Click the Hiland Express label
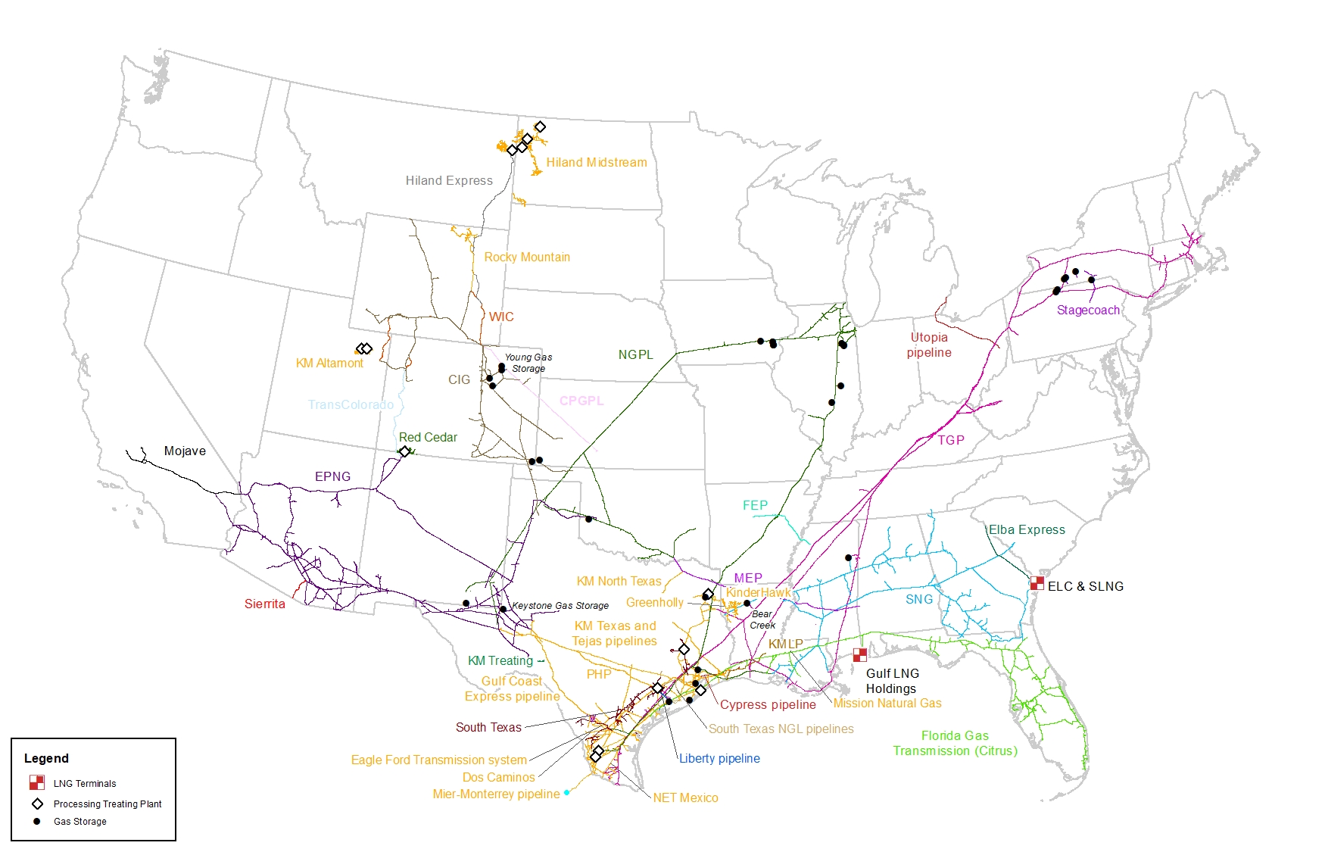coord(449,180)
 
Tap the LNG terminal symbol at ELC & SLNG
coord(1037,583)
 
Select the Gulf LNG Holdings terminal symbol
coord(860,655)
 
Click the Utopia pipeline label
coord(929,345)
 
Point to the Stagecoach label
coord(1088,311)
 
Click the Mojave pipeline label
coord(185,451)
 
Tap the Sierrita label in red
coord(265,604)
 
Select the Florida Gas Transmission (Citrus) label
coord(955,743)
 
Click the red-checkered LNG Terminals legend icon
coord(37,782)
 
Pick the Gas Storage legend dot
coord(36,821)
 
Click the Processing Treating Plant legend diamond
coord(37,804)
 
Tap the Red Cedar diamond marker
coord(405,451)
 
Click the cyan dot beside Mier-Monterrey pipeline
coord(566,792)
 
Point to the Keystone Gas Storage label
coord(560,606)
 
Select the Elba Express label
coord(1027,530)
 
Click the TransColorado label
coord(351,405)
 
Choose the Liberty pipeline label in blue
coord(719,758)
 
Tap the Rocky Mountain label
coord(527,257)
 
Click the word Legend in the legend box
coord(46,758)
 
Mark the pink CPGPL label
coord(581,401)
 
